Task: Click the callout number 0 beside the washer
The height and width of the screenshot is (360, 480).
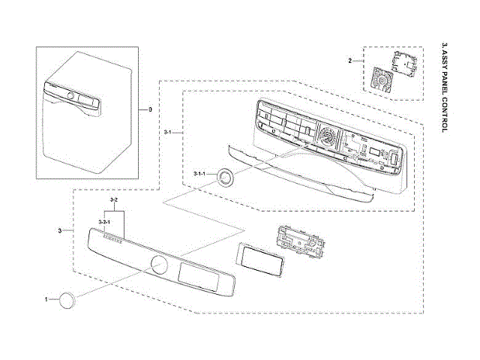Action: [x=149, y=109]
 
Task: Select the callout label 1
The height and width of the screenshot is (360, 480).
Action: [x=46, y=298]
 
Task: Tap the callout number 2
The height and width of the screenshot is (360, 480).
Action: [x=350, y=58]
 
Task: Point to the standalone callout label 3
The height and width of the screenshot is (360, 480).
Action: [x=59, y=229]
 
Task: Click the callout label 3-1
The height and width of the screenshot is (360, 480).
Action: [x=168, y=132]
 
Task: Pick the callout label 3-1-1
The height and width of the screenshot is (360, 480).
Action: [x=199, y=174]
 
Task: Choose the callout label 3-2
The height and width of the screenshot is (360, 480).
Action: [x=113, y=201]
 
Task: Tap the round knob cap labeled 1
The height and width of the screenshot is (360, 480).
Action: [x=68, y=300]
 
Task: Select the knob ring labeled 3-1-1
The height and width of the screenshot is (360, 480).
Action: [x=225, y=178]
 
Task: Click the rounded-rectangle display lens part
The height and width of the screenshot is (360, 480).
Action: [x=258, y=259]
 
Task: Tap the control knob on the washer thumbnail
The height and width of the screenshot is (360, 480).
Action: [x=70, y=96]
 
